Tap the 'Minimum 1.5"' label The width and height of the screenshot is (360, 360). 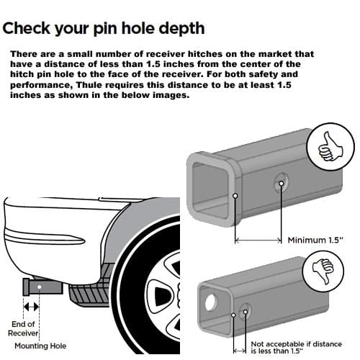tap(315, 240)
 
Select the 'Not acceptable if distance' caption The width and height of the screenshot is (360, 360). tap(297, 343)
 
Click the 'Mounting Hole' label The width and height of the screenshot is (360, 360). tap(40, 346)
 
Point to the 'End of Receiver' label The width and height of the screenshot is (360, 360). tap(23, 328)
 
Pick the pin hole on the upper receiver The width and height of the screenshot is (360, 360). tap(281, 184)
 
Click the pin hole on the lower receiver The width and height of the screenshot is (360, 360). tap(245, 312)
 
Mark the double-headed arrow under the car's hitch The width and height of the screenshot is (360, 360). tap(31, 307)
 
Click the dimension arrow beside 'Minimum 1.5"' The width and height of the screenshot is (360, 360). tap(258, 240)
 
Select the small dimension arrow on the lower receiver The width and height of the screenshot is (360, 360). tap(239, 351)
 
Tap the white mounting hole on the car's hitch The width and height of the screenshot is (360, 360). tap(39, 287)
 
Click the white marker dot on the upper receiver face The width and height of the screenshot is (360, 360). tap(235, 196)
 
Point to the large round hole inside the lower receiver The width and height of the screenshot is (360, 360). tap(210, 302)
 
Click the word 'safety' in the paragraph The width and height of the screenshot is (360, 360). tap(263, 74)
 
